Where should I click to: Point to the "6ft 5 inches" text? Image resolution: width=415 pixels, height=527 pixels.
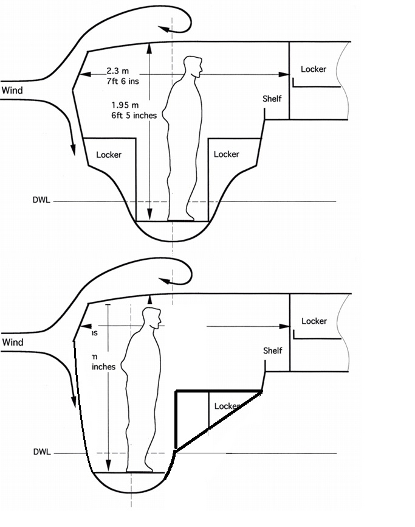coord(134,114)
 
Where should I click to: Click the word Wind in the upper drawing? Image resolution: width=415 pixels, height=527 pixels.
coord(12,91)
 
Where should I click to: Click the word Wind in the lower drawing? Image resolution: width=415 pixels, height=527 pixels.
coord(12,343)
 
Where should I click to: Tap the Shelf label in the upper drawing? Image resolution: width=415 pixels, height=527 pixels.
coord(272,98)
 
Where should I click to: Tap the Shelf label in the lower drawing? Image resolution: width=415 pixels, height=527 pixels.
coord(273,351)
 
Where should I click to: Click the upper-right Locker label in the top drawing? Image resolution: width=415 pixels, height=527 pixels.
coord(314,69)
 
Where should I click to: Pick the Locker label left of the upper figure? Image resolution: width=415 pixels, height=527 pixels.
coord(109,155)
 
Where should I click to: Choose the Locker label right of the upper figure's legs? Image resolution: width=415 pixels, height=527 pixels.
coord(227,155)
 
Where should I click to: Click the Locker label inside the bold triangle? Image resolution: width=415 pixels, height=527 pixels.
coord(226,406)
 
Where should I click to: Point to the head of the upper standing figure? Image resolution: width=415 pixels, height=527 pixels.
coord(193,66)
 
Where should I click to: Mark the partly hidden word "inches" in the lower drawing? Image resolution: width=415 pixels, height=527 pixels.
coord(103,367)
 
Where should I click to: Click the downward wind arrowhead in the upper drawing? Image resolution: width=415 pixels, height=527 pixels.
coord(73,150)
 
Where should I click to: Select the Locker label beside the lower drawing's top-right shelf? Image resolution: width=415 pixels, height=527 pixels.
coord(314,321)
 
